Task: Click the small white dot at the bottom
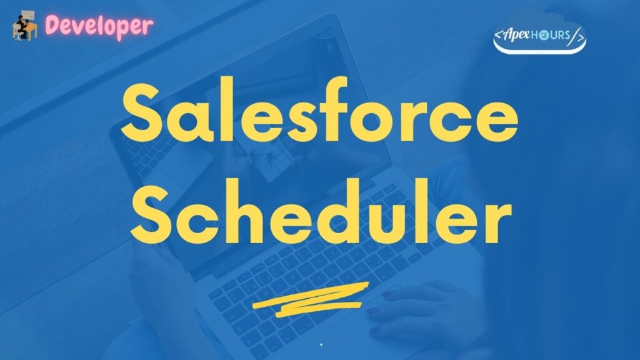[x=321, y=344]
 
